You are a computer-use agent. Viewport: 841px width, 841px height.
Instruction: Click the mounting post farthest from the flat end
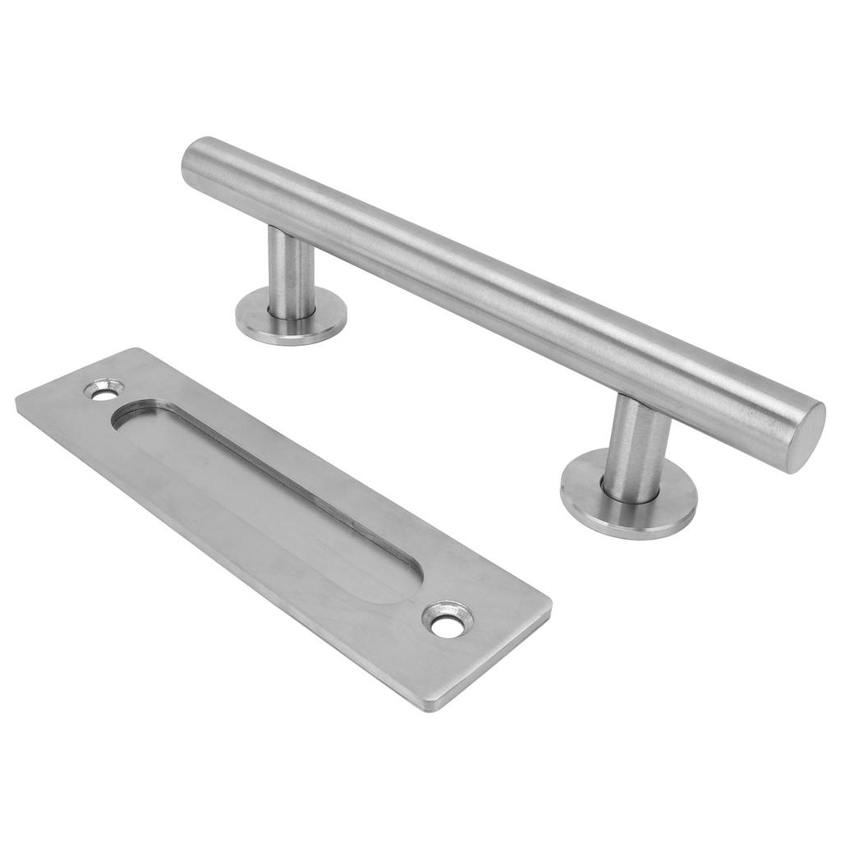(292, 271)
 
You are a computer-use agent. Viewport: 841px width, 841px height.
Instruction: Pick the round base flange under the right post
(629, 496)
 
